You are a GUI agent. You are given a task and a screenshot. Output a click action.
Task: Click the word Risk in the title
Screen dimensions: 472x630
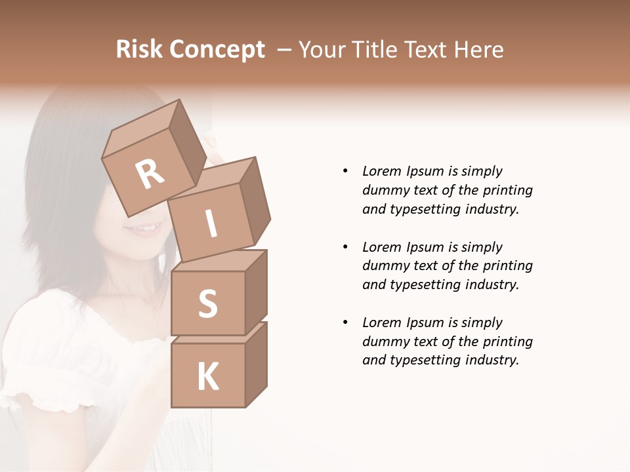click(x=140, y=50)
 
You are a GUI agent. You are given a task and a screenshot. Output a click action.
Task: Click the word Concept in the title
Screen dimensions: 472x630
click(x=218, y=50)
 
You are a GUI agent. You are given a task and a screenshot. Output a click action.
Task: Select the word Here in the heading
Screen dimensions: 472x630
click(x=476, y=50)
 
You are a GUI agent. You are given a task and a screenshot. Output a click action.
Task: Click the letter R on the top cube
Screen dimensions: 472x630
click(x=150, y=174)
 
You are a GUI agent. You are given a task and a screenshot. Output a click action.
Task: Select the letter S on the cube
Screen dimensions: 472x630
click(x=207, y=304)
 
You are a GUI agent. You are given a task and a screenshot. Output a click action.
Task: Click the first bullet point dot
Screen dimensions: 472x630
click(x=345, y=171)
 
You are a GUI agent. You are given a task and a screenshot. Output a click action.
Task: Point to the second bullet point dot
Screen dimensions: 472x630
click(x=345, y=247)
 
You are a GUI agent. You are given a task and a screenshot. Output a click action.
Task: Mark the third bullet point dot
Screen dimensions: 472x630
click(x=345, y=323)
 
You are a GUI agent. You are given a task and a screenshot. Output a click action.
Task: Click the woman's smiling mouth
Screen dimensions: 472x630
click(x=142, y=229)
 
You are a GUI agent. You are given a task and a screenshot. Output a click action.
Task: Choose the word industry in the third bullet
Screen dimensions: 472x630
click(x=493, y=361)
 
